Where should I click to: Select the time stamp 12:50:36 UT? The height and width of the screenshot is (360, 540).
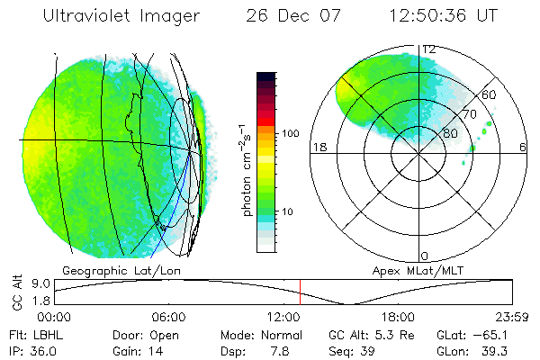(446, 15)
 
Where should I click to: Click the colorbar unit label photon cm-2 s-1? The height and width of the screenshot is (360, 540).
(246, 171)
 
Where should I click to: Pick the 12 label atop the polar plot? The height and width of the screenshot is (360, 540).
(429, 49)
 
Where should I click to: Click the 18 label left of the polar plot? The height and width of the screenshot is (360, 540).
(318, 147)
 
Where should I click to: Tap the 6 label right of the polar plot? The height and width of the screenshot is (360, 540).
(523, 147)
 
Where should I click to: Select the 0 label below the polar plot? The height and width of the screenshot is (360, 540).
(425, 256)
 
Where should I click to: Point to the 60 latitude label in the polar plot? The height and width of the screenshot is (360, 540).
(490, 94)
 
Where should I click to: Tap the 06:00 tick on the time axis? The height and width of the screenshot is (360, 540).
(168, 317)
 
